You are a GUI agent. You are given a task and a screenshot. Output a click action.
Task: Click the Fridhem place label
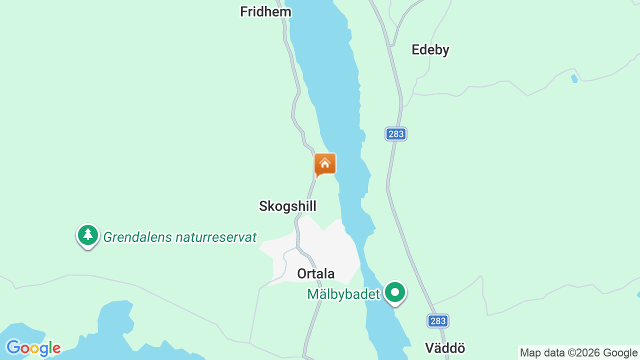265,12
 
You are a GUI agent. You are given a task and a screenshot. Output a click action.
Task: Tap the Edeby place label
430,49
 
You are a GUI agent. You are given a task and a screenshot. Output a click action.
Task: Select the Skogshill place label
287,206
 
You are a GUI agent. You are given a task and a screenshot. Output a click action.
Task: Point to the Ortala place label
315,273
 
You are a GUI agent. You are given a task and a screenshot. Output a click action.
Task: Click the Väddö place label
445,348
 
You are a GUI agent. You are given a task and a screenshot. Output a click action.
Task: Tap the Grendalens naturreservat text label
180,237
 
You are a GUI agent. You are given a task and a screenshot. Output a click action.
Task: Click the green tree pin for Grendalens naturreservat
88,235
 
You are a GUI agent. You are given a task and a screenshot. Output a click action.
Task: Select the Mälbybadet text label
343,294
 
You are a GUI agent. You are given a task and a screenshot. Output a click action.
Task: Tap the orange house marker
325,164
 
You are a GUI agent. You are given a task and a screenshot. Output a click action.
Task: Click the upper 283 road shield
396,134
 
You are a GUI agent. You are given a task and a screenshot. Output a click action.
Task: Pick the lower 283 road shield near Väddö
438,321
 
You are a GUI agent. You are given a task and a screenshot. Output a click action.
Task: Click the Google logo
33,348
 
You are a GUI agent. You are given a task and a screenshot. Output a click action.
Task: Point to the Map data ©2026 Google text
578,352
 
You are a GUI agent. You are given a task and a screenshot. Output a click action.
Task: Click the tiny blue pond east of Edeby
574,78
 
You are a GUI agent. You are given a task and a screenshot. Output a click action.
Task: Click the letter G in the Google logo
13,347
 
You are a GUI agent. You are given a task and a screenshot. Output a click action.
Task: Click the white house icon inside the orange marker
325,163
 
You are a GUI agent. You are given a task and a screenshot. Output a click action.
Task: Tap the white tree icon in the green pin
88,233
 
